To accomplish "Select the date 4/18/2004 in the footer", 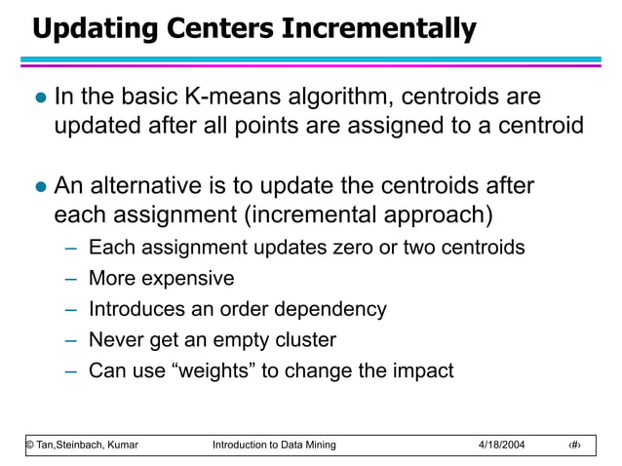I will coord(501,446).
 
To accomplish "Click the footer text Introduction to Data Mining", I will coord(273,446).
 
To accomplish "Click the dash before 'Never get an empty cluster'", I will coord(71,341).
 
